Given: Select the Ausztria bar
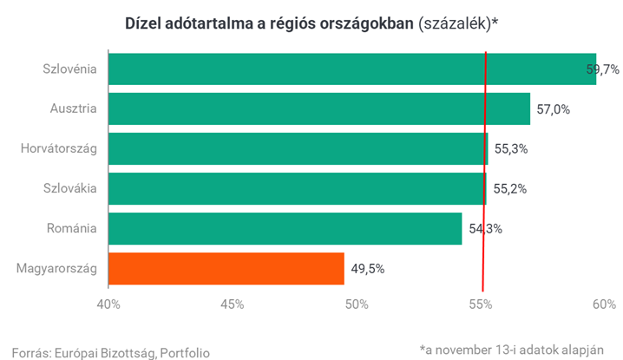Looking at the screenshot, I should tap(318, 108).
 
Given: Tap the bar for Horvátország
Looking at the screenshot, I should tap(298, 148).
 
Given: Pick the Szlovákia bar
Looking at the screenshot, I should tap(297, 188).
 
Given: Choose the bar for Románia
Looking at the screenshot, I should tap(285, 228).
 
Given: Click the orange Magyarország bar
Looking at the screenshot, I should tap(226, 268).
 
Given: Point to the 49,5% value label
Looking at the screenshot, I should tap(368, 269).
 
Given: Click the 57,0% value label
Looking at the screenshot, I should tap(554, 109).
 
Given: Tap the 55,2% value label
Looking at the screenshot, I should tap(511, 189).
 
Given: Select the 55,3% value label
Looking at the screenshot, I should tap(512, 149).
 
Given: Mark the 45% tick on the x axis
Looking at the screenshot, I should tap(232, 304).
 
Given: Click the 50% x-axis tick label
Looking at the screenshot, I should tap(357, 304).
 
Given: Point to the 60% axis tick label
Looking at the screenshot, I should tap(604, 304).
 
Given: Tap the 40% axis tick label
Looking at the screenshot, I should tap(108, 304).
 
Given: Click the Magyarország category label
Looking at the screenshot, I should tap(56, 268).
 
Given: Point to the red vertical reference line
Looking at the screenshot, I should tap(483, 173).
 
